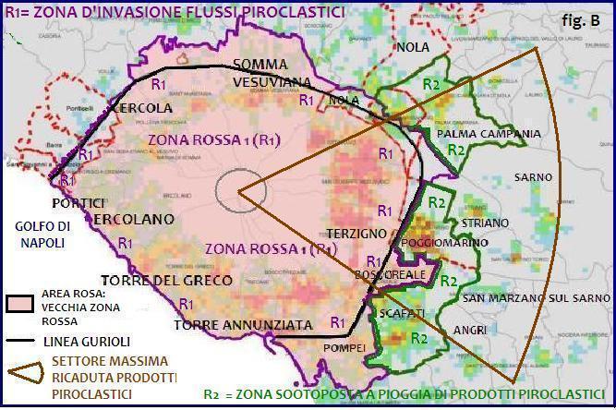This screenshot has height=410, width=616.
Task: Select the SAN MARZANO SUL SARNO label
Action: coord(536,297)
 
